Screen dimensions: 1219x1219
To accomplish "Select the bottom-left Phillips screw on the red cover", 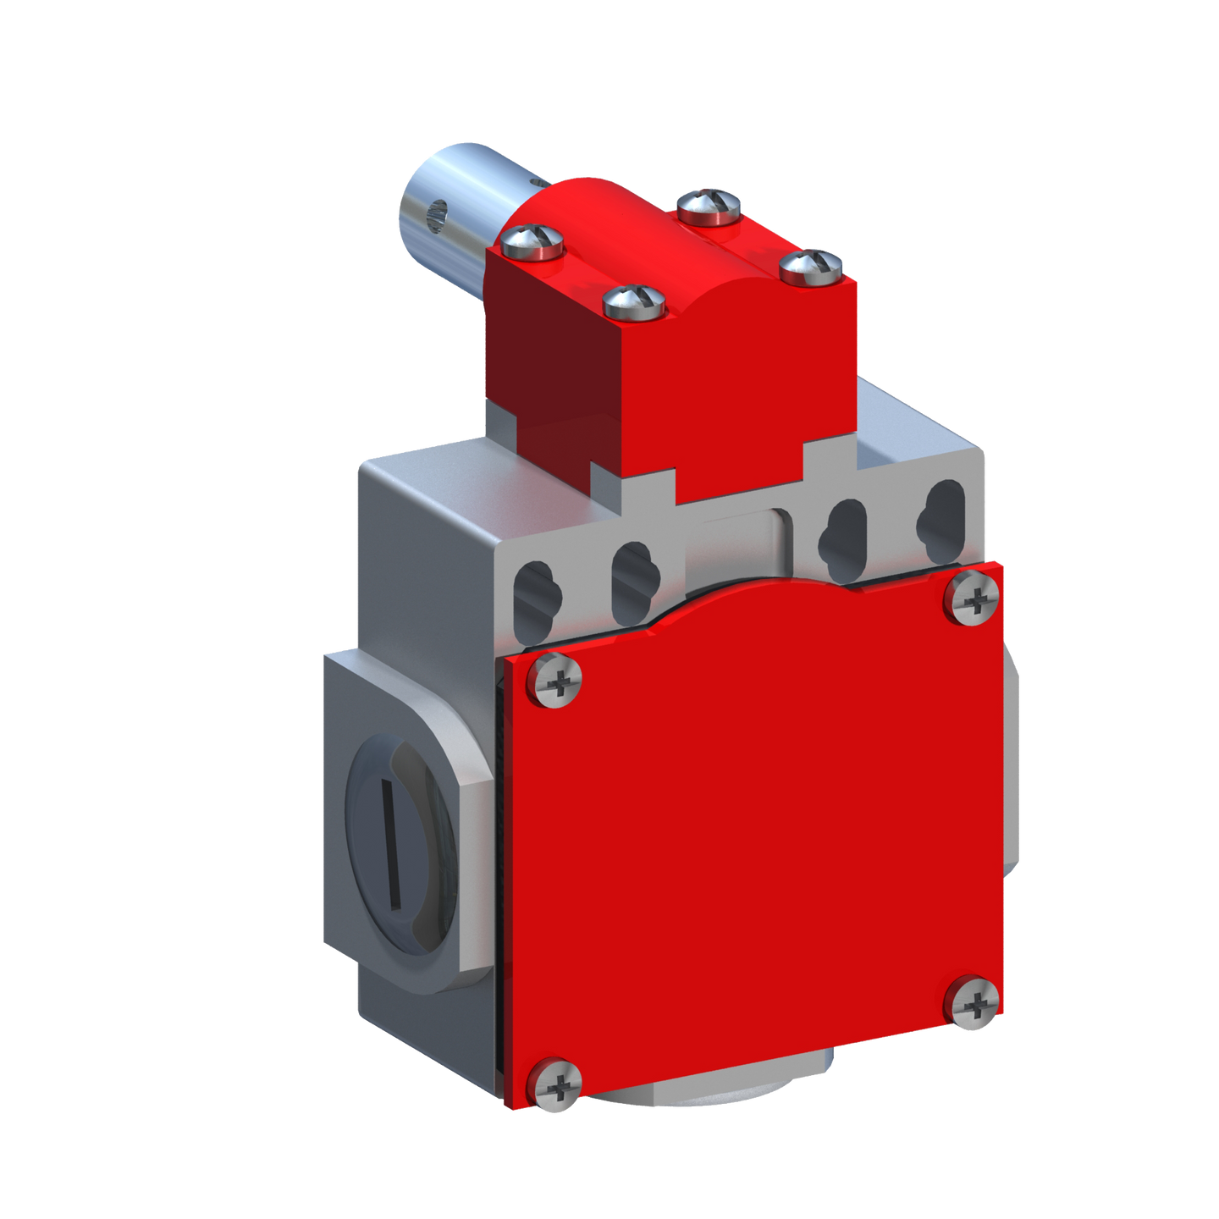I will (x=554, y=1084).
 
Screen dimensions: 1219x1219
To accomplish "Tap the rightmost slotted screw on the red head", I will (x=811, y=267).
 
